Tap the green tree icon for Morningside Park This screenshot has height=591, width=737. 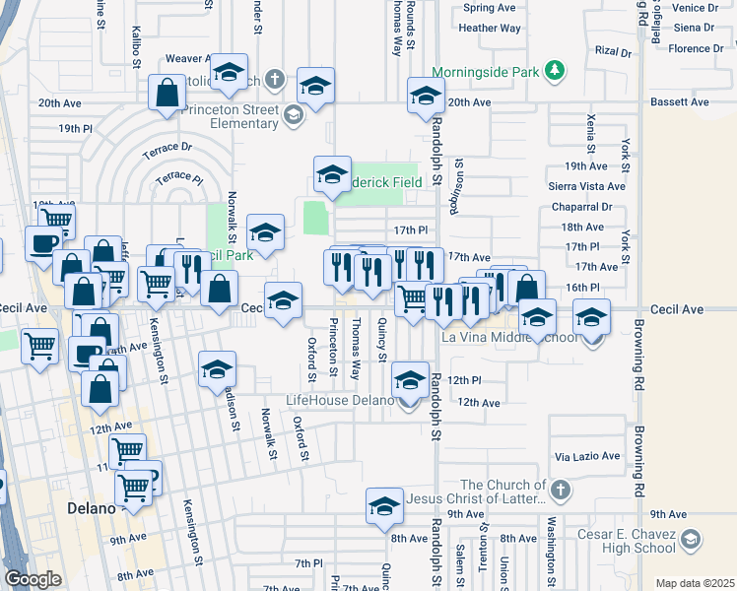point(556,70)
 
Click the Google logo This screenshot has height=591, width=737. point(33,579)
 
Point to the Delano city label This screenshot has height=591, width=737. point(91,509)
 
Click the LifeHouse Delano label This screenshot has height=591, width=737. point(339,400)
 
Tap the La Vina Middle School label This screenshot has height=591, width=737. point(509,338)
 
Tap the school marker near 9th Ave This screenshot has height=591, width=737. point(384,506)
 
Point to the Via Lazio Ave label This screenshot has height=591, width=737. point(587,457)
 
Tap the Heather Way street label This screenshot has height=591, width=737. point(490,29)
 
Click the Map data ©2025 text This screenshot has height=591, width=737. point(694,583)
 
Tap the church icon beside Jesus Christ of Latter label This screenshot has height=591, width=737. point(560,490)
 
